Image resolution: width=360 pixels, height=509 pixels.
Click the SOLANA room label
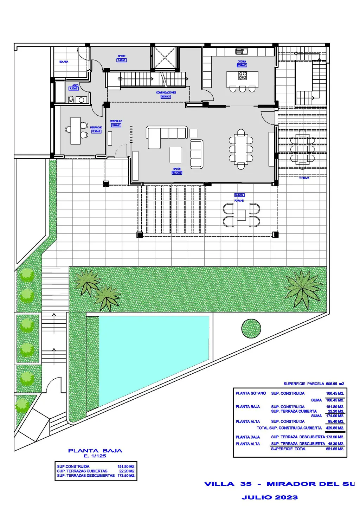[64, 62]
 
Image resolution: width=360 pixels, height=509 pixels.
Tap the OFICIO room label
[122, 56]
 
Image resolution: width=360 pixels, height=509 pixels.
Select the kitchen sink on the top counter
[242, 52]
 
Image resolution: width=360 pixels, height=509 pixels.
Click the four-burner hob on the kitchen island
[243, 76]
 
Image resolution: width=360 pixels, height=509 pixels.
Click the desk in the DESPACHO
[75, 131]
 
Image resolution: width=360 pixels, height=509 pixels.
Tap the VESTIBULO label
[116, 121]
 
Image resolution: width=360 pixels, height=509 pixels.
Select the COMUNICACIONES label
[166, 93]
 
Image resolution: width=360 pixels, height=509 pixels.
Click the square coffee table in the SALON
[176, 154]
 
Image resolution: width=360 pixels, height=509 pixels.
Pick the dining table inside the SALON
[241, 149]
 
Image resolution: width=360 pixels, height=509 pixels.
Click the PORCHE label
[239, 201]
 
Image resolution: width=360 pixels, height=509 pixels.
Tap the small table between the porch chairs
[241, 215]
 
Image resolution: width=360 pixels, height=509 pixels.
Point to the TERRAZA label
[304, 178]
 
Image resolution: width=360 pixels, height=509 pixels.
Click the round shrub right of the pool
[251, 329]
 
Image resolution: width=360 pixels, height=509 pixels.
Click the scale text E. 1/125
[95, 456]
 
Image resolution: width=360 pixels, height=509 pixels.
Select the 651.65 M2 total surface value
[335, 449]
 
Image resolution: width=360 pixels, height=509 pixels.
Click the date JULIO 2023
[270, 497]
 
